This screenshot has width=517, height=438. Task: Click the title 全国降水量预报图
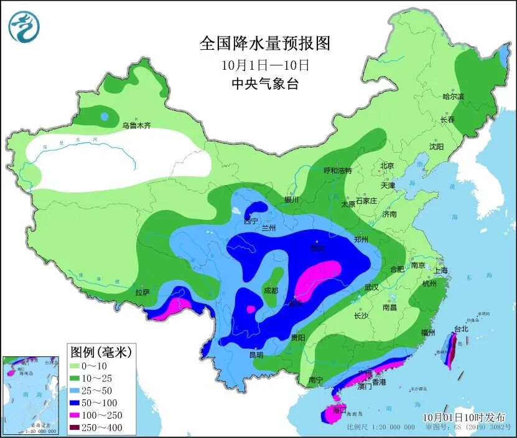[264, 44]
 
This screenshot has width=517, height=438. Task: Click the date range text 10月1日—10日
[265, 65]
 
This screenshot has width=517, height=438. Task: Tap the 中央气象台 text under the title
[264, 84]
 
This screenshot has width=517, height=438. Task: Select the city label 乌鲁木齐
[136, 125]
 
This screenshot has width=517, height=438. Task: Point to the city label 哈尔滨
[453, 97]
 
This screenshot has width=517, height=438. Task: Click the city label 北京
[387, 166]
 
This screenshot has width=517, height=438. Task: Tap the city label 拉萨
[142, 292]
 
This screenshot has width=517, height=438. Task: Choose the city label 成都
[271, 290]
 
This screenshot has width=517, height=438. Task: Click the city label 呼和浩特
[337, 170]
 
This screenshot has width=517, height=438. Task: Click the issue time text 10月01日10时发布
[464, 417]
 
